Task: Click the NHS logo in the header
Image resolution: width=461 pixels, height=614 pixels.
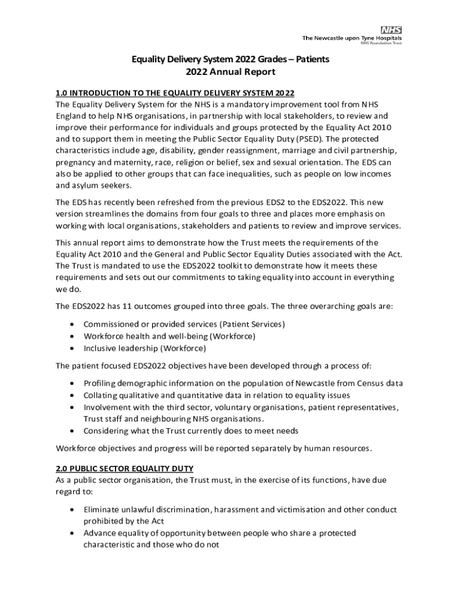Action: tap(391, 29)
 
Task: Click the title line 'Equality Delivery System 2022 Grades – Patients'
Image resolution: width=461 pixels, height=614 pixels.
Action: tap(230, 59)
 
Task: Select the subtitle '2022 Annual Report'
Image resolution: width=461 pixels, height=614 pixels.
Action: tap(230, 72)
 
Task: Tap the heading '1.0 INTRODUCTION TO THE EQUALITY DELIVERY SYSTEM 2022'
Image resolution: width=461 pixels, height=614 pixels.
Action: tap(175, 93)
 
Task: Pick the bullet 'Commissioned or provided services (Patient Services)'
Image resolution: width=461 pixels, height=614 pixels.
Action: tap(184, 324)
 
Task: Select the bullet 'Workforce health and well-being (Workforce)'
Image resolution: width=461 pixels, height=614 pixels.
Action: tap(169, 336)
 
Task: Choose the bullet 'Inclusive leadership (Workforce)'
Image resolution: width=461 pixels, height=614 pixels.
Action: tap(144, 348)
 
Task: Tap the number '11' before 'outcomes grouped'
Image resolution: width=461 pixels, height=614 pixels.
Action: tap(118, 306)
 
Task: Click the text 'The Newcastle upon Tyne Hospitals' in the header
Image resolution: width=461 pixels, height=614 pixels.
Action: tap(351, 38)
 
